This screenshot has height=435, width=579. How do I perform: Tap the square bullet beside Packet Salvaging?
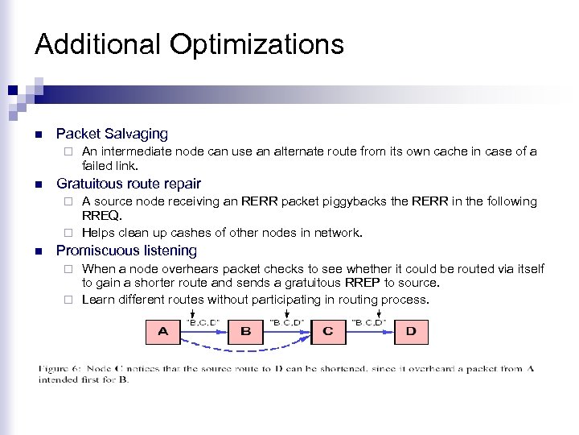39,134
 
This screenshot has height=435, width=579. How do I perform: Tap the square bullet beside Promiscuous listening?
39,251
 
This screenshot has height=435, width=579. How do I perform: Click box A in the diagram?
163,331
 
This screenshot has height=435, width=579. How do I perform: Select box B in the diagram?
245,331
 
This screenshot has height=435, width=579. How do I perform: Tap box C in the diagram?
327,331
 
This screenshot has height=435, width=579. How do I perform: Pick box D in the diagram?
410,331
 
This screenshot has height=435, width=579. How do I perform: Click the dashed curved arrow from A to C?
245,350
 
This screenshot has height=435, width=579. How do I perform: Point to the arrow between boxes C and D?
368,331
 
